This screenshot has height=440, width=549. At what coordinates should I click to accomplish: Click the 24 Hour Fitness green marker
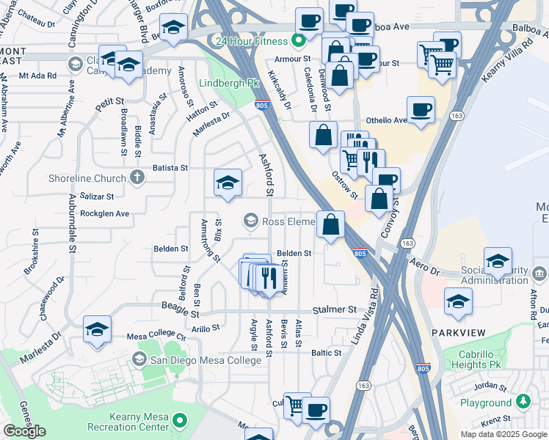coord(299,41)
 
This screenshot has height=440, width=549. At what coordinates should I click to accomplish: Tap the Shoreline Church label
coord(87,177)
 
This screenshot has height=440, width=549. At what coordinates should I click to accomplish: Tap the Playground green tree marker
coord(523,402)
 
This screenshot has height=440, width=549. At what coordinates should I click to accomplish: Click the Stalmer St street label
coord(334,310)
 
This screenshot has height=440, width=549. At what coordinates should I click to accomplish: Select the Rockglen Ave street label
coord(104,213)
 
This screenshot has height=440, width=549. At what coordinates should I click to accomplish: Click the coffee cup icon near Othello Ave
coord(421,110)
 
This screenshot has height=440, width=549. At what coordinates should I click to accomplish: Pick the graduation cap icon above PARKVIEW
coord(458,301)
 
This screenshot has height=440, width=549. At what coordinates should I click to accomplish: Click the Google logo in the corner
coord(24,431)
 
